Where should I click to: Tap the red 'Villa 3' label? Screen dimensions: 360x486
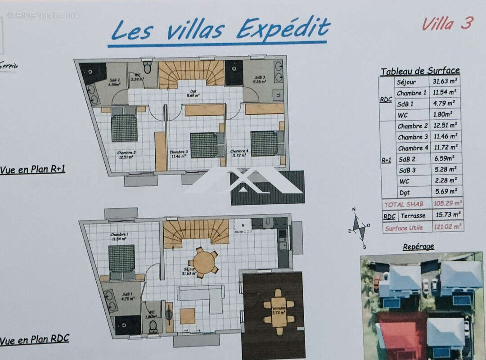click(447, 23)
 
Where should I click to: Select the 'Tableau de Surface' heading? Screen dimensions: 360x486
click(420, 71)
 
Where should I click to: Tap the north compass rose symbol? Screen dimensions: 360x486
click(359, 228)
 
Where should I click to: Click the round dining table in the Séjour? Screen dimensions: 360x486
click(203, 262)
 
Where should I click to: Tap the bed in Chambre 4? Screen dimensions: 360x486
click(265, 144)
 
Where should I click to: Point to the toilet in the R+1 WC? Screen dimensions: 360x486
click(147, 67)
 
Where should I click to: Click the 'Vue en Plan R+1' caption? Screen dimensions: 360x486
click(32, 170)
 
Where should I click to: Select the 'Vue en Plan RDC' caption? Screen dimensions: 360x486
click(34, 340)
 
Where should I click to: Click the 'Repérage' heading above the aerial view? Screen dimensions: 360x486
click(418, 247)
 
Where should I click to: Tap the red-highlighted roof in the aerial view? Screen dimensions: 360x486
click(403, 335)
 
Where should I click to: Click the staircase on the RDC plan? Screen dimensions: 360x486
click(196, 232)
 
